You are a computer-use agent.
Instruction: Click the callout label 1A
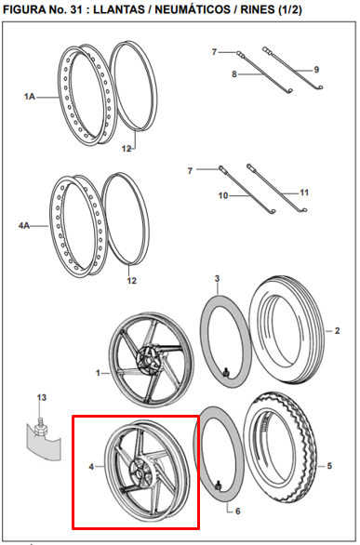coord(30,97)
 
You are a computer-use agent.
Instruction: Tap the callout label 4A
coord(24,226)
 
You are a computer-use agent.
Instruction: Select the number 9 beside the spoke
coord(316,70)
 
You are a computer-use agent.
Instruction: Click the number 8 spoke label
coord(234,74)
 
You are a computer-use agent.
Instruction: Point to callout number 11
coord(304,193)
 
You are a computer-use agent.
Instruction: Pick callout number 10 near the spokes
coord(223,195)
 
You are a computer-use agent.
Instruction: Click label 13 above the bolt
coord(41,397)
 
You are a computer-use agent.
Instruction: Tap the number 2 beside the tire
coord(337,330)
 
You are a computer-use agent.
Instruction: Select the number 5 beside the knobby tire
coord(329,466)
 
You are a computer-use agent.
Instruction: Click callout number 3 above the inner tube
coord(217,278)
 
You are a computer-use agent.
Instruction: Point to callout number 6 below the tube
coord(238,511)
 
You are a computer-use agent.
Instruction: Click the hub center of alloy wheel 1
coord(149,359)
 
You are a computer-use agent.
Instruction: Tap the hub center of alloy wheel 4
coord(140,473)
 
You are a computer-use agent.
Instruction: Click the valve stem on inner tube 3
coord(226,372)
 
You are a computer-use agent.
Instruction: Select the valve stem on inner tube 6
coord(219,485)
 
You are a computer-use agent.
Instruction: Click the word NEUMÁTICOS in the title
coord(193,9)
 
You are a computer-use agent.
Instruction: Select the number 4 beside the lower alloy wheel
coord(91,467)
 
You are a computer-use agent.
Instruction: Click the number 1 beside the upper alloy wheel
coord(98,373)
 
